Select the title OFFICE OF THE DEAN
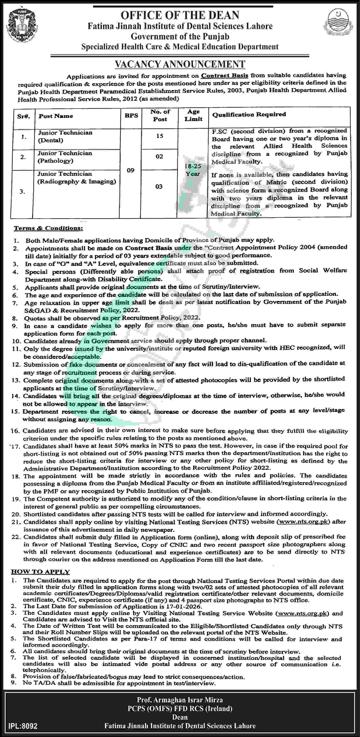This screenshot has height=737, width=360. (180, 15)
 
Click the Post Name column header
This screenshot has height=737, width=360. (56, 116)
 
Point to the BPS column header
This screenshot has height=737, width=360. (131, 115)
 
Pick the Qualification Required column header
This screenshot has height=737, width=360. (249, 114)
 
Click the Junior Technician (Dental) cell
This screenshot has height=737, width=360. (65, 136)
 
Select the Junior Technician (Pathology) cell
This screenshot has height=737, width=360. (65, 157)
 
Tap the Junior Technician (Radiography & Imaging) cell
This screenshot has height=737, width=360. (77, 177)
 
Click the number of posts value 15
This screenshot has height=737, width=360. (159, 136)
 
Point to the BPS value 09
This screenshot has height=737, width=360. (131, 170)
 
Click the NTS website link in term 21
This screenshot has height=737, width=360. (303, 521)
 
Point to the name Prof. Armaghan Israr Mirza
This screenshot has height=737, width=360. (180, 700)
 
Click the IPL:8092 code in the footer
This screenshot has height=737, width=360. (23, 726)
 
